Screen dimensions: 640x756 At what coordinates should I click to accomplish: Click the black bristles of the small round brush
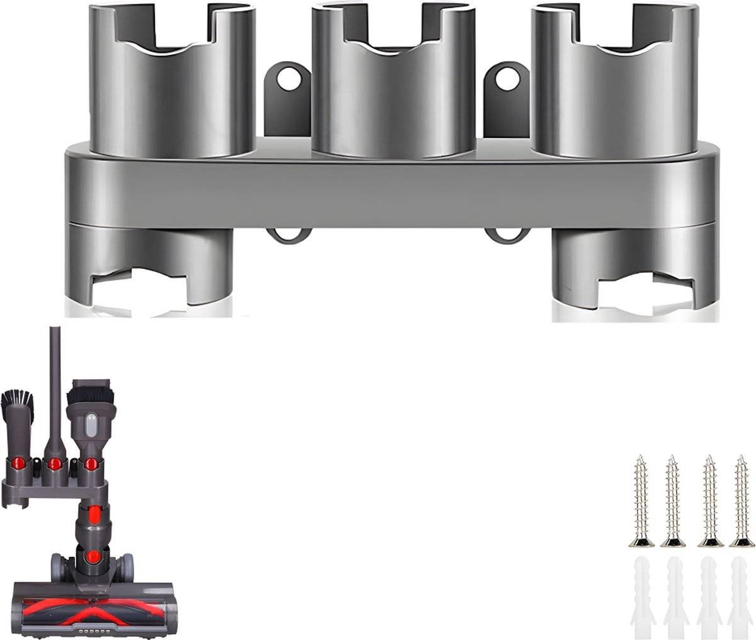(x=18, y=400)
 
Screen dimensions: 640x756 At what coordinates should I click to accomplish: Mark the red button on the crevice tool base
(x=55, y=464)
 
